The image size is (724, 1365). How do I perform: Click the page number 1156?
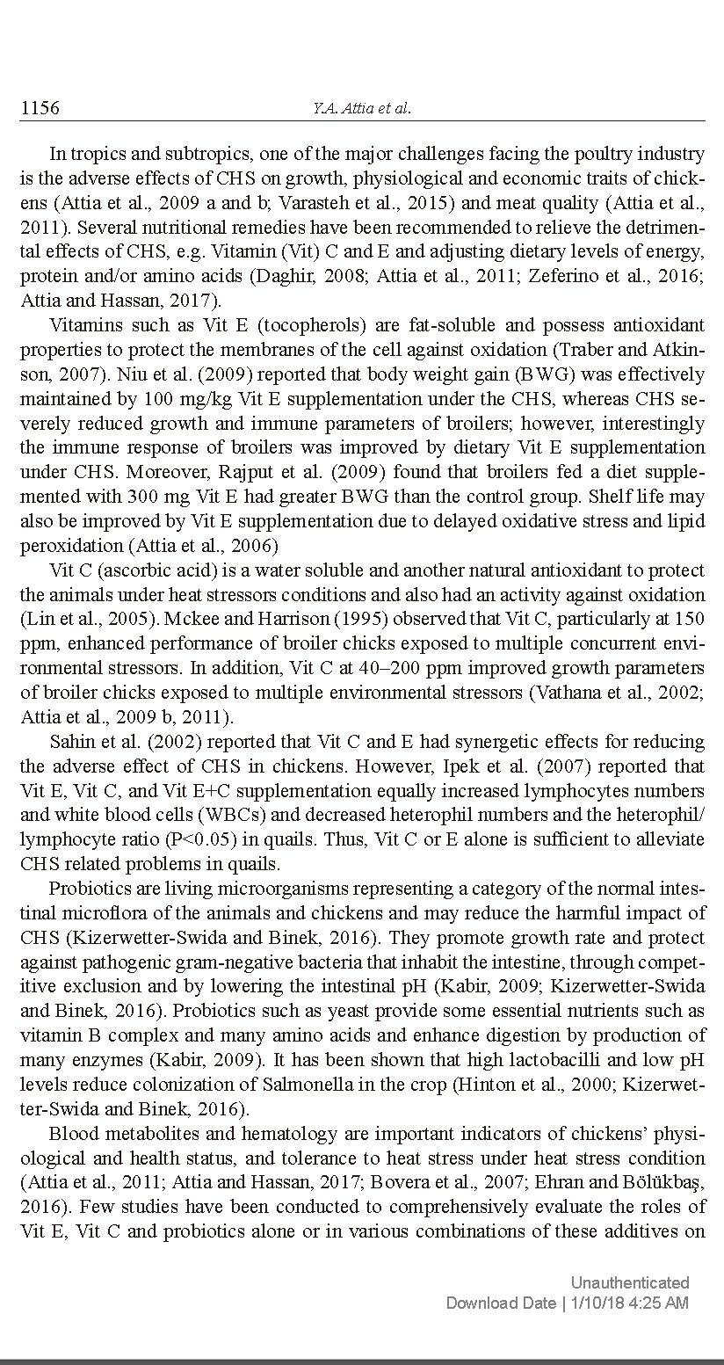[x=40, y=108]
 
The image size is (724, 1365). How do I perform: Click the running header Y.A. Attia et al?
[x=361, y=109]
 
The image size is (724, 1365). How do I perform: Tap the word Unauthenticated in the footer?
[x=630, y=1282]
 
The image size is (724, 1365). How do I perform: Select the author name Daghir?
[x=277, y=275]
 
